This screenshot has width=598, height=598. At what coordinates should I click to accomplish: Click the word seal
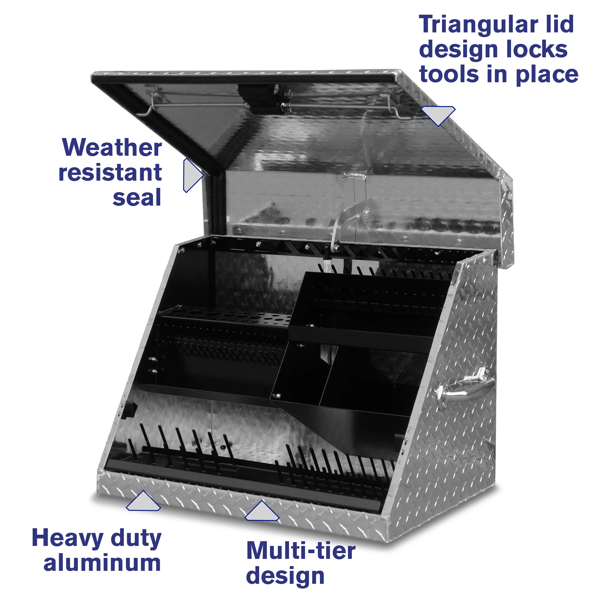tap(137, 198)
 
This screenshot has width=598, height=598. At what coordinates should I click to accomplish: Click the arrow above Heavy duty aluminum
tap(143, 502)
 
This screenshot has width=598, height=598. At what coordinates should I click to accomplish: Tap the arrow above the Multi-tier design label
tap(262, 511)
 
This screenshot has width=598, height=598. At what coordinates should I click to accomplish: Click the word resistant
tap(110, 172)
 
